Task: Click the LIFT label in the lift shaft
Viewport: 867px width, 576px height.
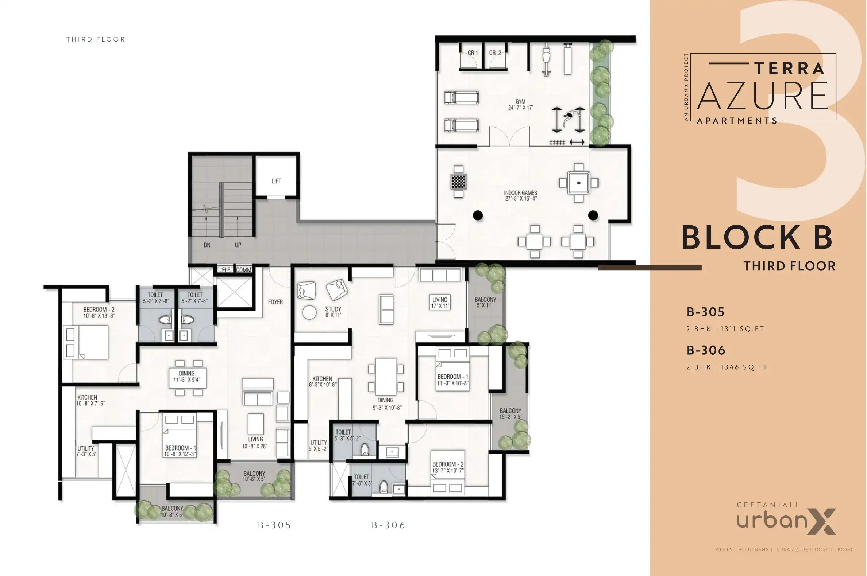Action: [x=276, y=181]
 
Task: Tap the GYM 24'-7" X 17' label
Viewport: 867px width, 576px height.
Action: [x=520, y=105]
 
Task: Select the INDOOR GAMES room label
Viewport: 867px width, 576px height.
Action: [x=521, y=195]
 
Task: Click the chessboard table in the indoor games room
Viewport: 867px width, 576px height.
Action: [x=458, y=182]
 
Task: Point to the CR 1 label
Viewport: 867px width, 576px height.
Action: [x=473, y=53]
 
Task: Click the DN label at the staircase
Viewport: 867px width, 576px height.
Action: [x=207, y=245]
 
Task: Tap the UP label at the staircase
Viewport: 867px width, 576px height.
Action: [x=238, y=245]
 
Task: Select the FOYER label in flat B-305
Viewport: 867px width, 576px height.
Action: [x=275, y=302]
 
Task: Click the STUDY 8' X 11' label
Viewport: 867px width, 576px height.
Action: [x=333, y=312]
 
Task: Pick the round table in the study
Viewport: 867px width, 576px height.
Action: [x=309, y=313]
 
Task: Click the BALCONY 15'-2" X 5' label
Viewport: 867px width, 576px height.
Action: [x=510, y=414]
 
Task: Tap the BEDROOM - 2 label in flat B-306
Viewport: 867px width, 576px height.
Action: [x=448, y=467]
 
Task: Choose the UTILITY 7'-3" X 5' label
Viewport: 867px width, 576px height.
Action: [x=86, y=451]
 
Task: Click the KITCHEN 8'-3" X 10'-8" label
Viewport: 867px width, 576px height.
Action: [x=323, y=381]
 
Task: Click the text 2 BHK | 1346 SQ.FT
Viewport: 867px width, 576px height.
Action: [x=727, y=367]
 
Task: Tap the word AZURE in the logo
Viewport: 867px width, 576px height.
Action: [x=762, y=96]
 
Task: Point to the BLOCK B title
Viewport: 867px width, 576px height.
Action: [x=757, y=238]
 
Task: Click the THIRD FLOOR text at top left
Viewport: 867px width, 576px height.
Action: [x=96, y=39]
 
